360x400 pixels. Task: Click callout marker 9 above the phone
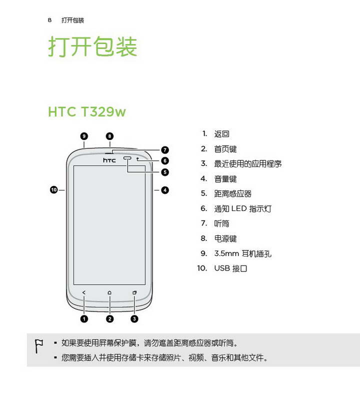click(84, 136)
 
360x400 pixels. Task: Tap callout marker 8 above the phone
click(109, 136)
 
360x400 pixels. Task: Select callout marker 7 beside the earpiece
click(165, 149)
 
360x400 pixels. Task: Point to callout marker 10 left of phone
click(54, 190)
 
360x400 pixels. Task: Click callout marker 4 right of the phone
click(165, 190)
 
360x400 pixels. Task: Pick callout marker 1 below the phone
click(84, 318)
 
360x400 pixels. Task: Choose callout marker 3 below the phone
click(134, 318)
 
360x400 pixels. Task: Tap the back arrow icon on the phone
click(84, 292)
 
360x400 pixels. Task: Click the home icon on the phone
click(109, 292)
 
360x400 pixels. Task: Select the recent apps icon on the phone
click(134, 292)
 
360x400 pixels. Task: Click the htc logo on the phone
click(109, 160)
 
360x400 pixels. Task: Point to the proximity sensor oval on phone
click(127, 158)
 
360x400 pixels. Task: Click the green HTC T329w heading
click(87, 111)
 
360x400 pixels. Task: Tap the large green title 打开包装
click(93, 46)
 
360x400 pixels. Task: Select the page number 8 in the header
click(49, 20)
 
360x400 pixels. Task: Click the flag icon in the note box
click(39, 346)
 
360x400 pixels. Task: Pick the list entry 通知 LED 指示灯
click(242, 208)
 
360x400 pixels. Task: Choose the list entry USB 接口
click(230, 268)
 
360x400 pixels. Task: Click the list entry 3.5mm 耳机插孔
click(242, 253)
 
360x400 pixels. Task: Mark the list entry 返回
click(221, 134)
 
